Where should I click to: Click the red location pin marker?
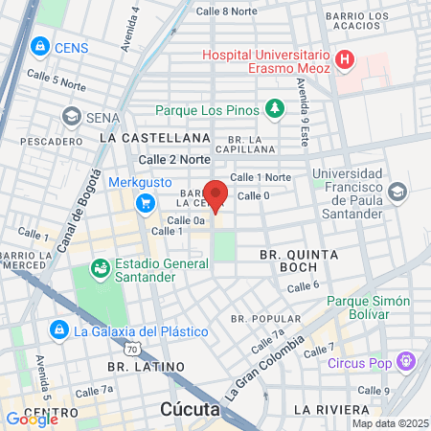[x=216, y=195]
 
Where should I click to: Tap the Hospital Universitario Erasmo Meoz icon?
[x=345, y=61]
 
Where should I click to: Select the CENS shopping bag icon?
[x=39, y=46]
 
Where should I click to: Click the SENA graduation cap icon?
[x=71, y=116]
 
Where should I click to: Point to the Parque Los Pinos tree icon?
[x=275, y=108]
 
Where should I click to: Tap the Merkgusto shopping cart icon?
[x=146, y=202]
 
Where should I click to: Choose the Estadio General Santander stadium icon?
[x=99, y=268]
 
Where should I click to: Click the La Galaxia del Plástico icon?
[x=58, y=331]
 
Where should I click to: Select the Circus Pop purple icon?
[x=407, y=362]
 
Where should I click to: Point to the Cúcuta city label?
[x=191, y=411]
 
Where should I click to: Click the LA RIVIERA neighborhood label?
[x=329, y=409]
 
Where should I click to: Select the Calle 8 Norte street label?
[x=226, y=11]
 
